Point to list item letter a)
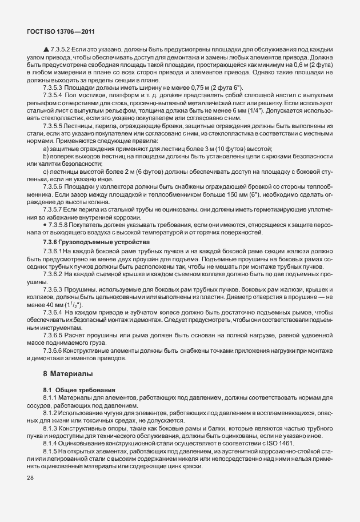coord(46,149)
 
